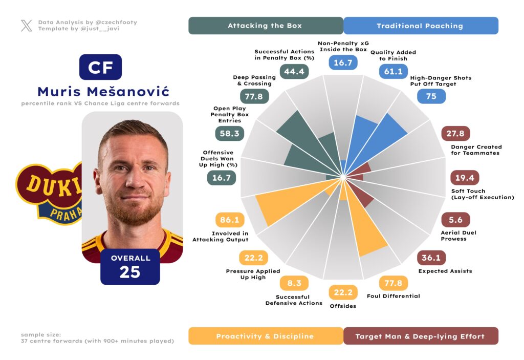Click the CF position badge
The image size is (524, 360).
[100, 67]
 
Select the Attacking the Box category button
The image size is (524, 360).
[265, 26]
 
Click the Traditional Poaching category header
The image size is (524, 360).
[420, 26]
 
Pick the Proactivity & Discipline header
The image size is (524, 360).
[265, 336]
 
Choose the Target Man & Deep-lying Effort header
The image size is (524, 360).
[420, 336]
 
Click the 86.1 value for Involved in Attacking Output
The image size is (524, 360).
[230, 220]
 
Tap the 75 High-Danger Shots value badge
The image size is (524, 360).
[431, 96]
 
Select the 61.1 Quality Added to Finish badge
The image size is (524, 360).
[393, 71]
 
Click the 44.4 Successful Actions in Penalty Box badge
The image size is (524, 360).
[294, 71]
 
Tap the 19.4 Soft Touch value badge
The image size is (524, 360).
[465, 178]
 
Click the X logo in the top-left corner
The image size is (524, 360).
[27, 26]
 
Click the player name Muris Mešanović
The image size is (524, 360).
[103, 92]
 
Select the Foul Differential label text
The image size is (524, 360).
[394, 296]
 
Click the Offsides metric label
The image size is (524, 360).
[343, 306]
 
